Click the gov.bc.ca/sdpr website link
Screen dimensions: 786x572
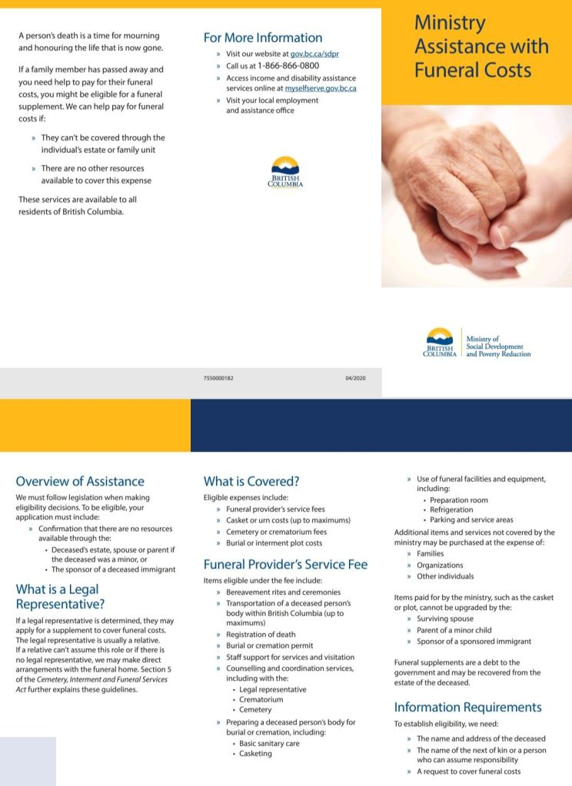pos(315,55)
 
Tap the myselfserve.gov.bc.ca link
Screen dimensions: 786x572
pos(321,88)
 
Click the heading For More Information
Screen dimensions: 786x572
pos(263,38)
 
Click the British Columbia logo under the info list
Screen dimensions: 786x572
pos(285,172)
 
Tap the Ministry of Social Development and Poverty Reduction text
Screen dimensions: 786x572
pos(498,347)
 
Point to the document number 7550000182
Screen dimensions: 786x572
pos(219,378)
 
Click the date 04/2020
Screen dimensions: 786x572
pos(355,378)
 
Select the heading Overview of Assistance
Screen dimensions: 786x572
pos(80,482)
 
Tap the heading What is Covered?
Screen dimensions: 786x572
pos(251,482)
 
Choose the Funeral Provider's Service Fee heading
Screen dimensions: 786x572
pos(285,565)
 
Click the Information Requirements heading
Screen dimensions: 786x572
pos(467,707)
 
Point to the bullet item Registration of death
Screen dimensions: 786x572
pos(261,635)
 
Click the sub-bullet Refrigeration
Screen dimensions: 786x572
pos(451,509)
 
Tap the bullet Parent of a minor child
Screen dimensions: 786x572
pos(454,630)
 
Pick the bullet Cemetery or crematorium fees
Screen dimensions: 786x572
pos(276,532)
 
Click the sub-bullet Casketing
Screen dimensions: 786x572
pos(255,754)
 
